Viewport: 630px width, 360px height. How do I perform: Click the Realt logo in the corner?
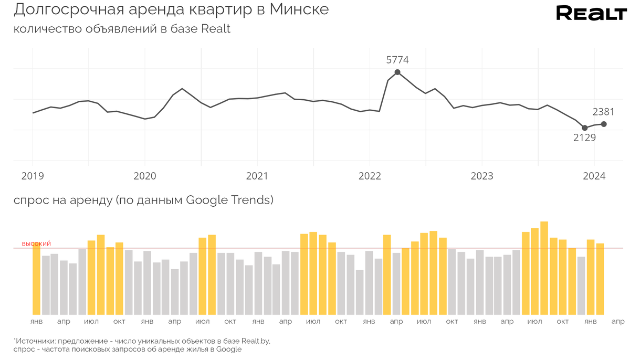591,13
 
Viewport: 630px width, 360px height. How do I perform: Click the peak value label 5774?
397,60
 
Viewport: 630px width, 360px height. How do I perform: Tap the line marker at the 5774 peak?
397,72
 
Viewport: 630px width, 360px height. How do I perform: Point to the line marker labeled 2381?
604,124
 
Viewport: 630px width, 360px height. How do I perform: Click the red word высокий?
36,244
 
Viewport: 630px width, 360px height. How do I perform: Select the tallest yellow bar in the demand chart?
544,268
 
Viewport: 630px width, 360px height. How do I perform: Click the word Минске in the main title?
299,9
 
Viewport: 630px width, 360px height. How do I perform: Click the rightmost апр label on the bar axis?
618,321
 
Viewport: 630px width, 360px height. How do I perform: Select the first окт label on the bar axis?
119,321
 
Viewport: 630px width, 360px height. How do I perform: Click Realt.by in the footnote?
254,341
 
